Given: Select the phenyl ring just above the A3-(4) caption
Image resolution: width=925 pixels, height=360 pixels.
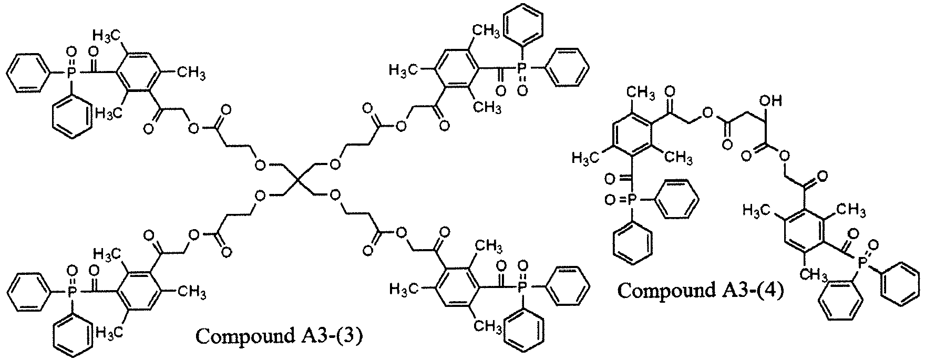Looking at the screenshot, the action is pyautogui.click(x=633, y=241).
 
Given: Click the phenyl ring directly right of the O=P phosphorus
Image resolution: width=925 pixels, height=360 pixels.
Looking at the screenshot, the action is pyautogui.click(x=680, y=199).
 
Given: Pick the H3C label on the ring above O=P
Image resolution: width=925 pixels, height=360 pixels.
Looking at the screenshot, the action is pyautogui.click(x=583, y=158).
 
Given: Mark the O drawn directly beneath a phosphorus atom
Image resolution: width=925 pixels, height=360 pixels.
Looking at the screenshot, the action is pyautogui.click(x=522, y=91).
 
